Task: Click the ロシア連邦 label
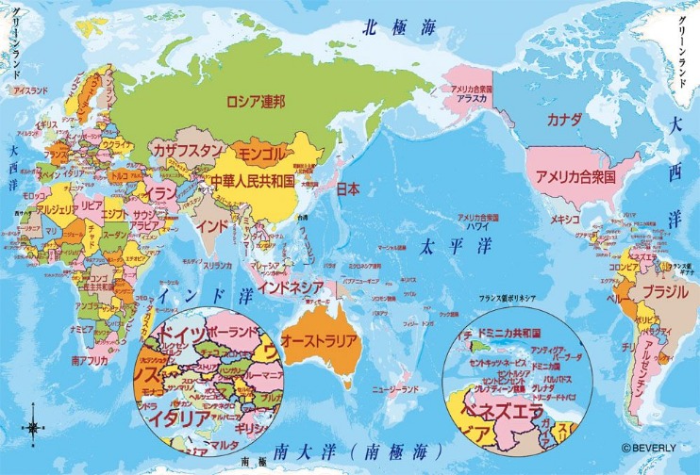pos(255,100)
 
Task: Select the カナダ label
pos(564,120)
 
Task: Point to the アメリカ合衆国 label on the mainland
pos(575,176)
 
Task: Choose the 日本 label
pos(347,188)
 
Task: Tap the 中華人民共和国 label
pos(252,179)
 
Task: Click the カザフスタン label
pos(188,151)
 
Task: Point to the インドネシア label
pos(292,287)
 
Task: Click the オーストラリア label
pos(320,340)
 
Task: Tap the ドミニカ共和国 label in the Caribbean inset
pos(509,334)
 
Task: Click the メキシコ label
pos(565,219)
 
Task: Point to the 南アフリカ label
pos(89,360)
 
